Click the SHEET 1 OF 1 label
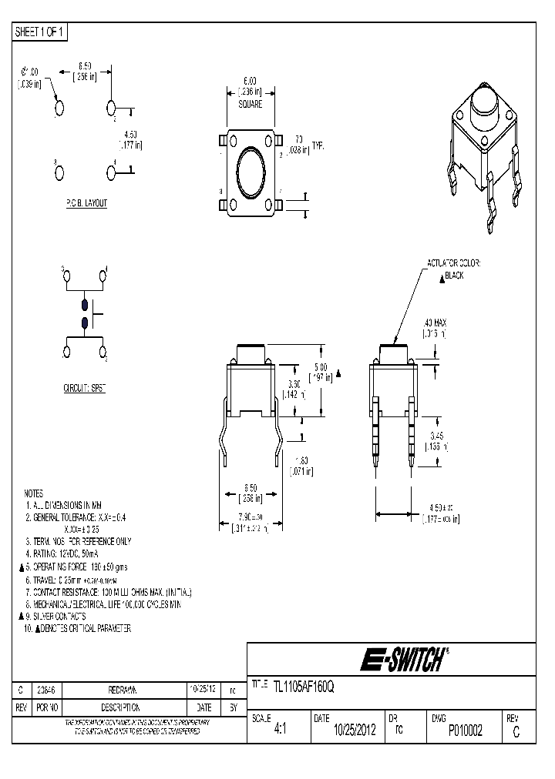click(x=41, y=32)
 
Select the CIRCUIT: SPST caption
click(x=84, y=389)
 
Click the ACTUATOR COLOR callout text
click(x=454, y=264)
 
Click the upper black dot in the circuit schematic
click(x=84, y=306)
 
